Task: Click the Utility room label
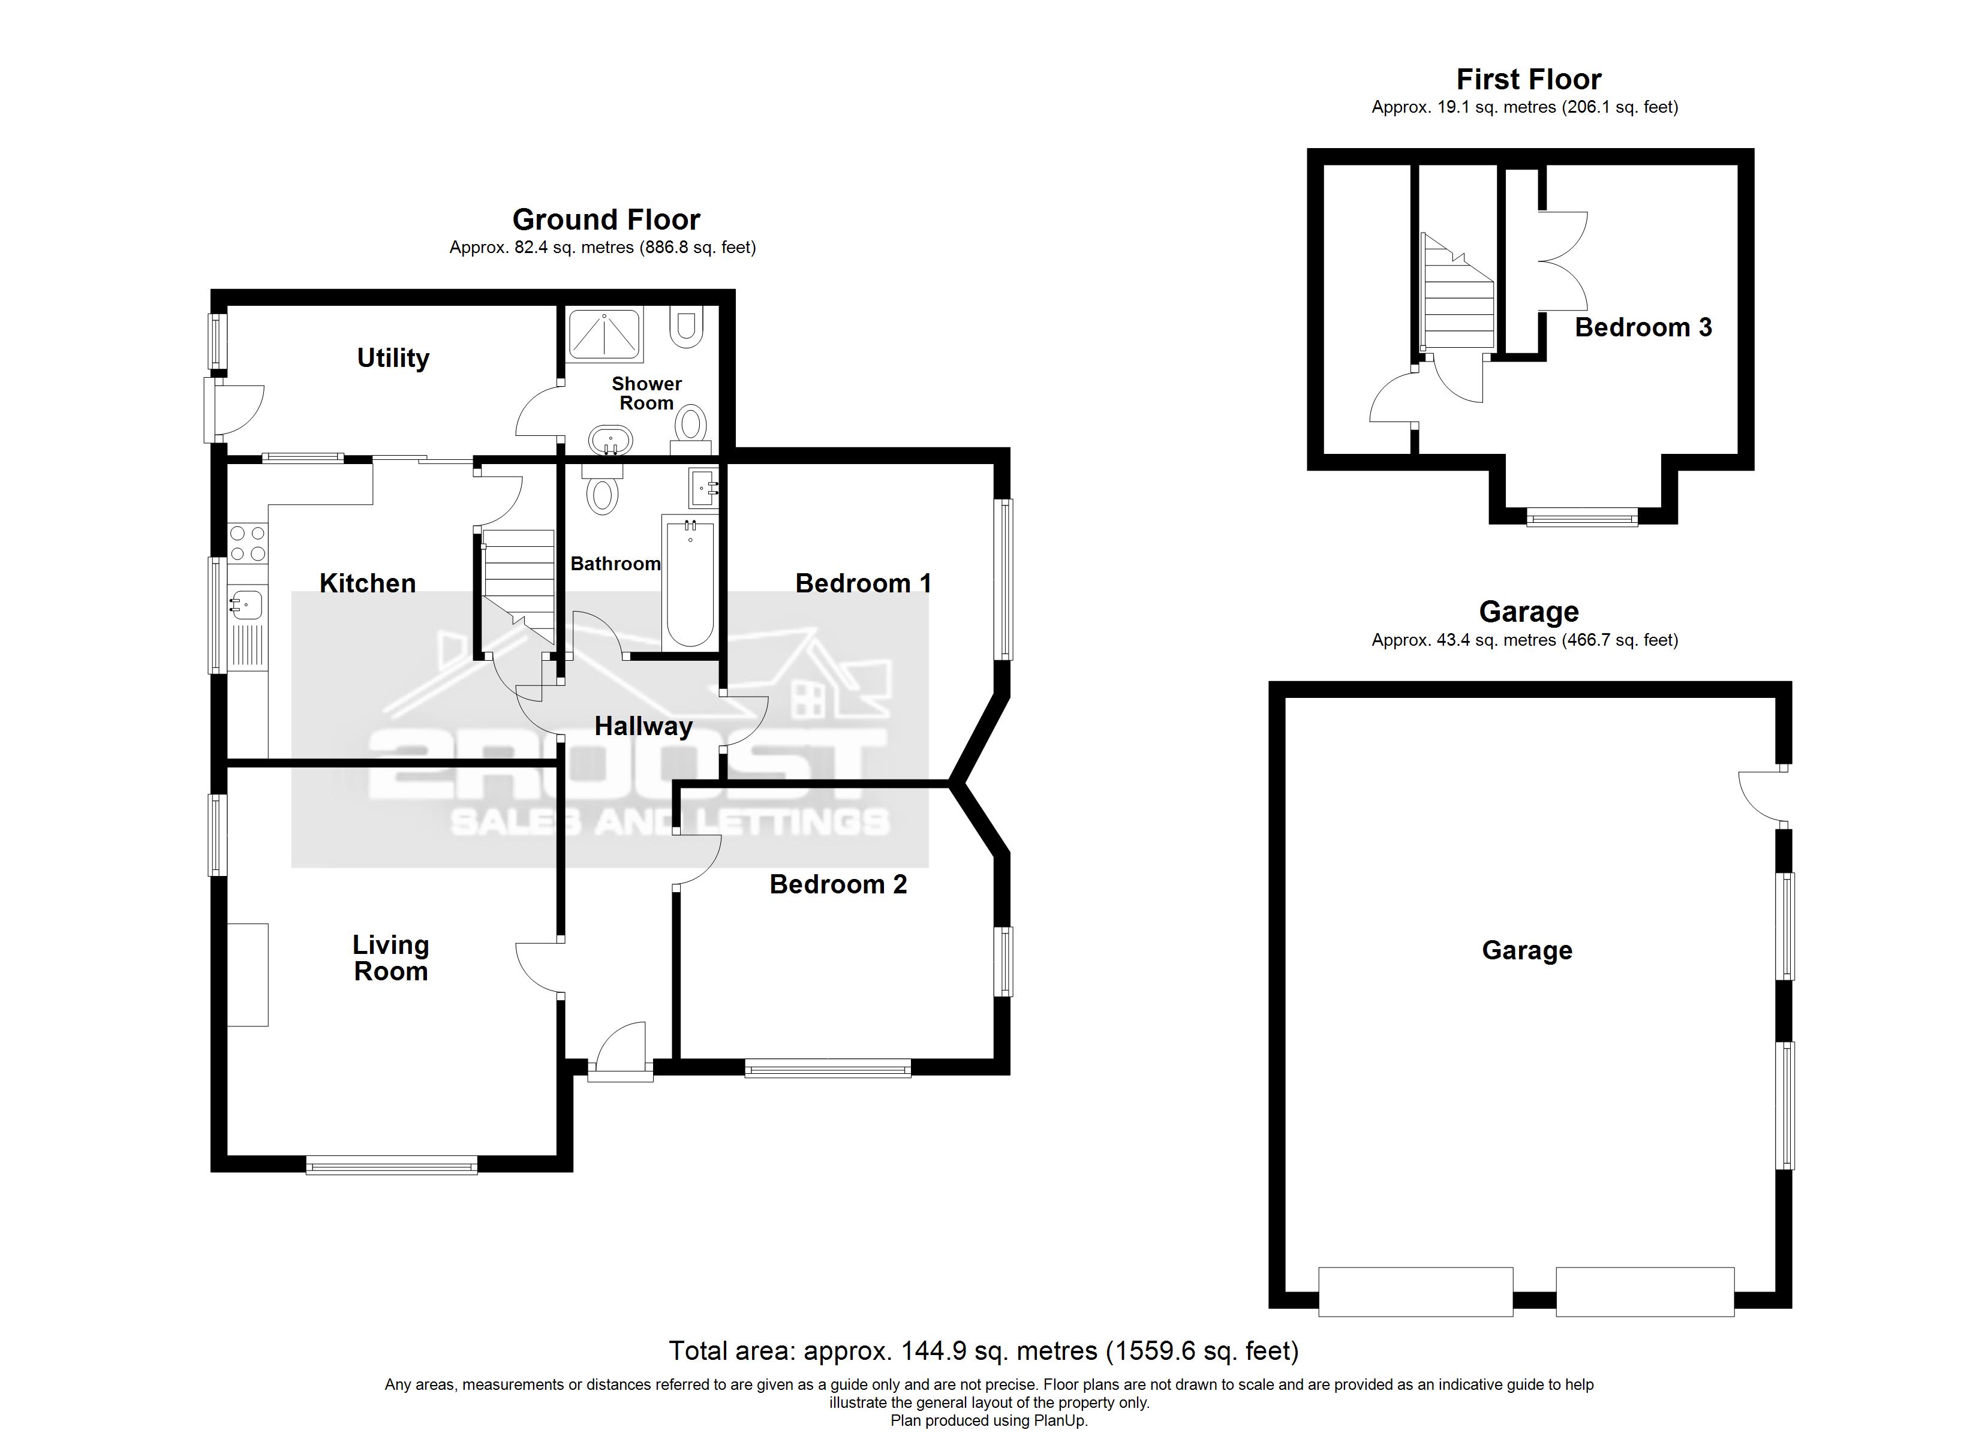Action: pos(393,358)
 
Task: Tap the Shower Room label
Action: pos(646,393)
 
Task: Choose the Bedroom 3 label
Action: pos(1643,327)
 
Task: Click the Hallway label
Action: pos(643,726)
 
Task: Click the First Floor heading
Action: pos(1529,79)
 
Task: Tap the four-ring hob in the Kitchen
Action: pos(247,542)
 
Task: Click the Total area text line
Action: pos(984,1351)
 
